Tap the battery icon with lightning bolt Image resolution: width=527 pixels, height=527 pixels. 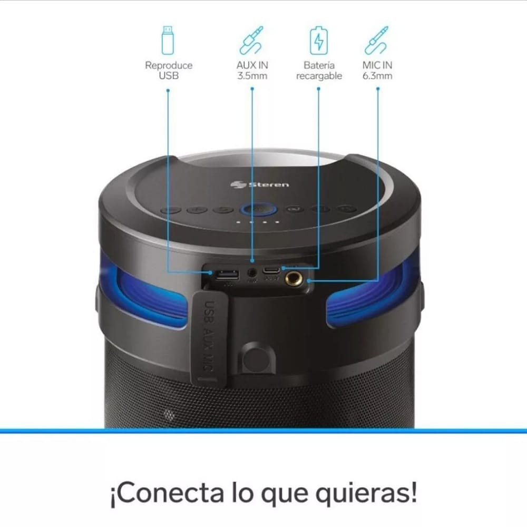[318, 40]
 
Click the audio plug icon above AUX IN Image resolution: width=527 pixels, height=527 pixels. [251, 40]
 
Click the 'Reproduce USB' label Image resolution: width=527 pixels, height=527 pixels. [169, 71]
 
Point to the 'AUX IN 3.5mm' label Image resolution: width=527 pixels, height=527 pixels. [252, 71]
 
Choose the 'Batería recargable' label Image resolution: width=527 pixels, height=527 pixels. [319, 71]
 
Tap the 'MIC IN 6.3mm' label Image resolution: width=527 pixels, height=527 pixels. [377, 71]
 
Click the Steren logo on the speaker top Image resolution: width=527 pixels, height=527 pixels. [260, 184]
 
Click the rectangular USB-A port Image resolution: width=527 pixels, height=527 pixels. [226, 275]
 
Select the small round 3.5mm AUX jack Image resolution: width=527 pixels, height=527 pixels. [252, 273]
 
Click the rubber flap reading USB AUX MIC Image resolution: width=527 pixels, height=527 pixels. [210, 337]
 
